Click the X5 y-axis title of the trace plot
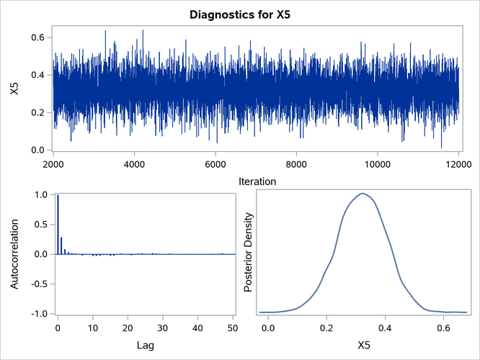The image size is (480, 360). [14, 90]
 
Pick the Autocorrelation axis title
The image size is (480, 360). [14, 254]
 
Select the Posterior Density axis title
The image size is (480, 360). [247, 254]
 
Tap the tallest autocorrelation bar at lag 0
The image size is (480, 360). [58, 224]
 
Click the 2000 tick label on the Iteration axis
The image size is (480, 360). [53, 163]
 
